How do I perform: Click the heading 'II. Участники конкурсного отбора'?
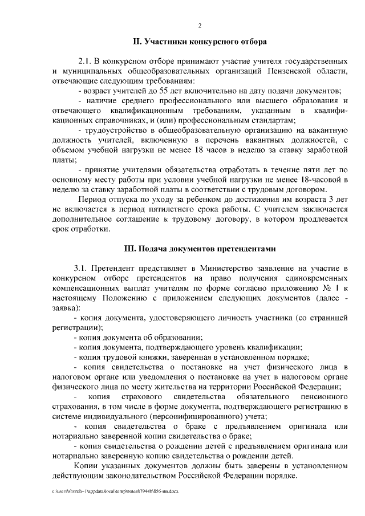(200, 42)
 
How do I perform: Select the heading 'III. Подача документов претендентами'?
(200, 249)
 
